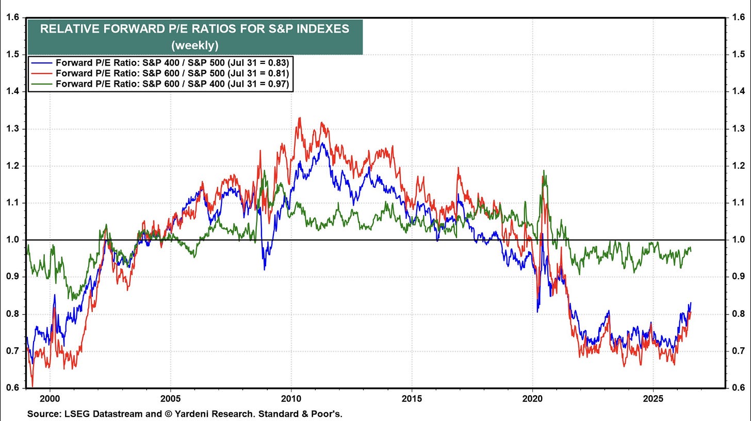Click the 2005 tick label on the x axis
pyautogui.click(x=170, y=398)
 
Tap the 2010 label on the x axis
pyautogui.click(x=291, y=398)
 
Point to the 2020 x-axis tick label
pyautogui.click(x=532, y=398)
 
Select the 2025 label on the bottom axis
pyautogui.click(x=653, y=398)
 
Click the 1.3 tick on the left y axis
pyautogui.click(x=12, y=129)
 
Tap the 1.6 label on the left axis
pyautogui.click(x=12, y=17)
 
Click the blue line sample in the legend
pyautogui.click(x=42, y=63)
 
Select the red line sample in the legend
pyautogui.click(x=42, y=73)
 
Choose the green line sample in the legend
pyautogui.click(x=42, y=84)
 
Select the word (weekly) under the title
pyautogui.click(x=195, y=45)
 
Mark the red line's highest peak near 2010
pyautogui.click(x=299, y=118)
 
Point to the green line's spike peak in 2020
pyautogui.click(x=544, y=171)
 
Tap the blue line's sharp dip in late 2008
pyautogui.click(x=265, y=269)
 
